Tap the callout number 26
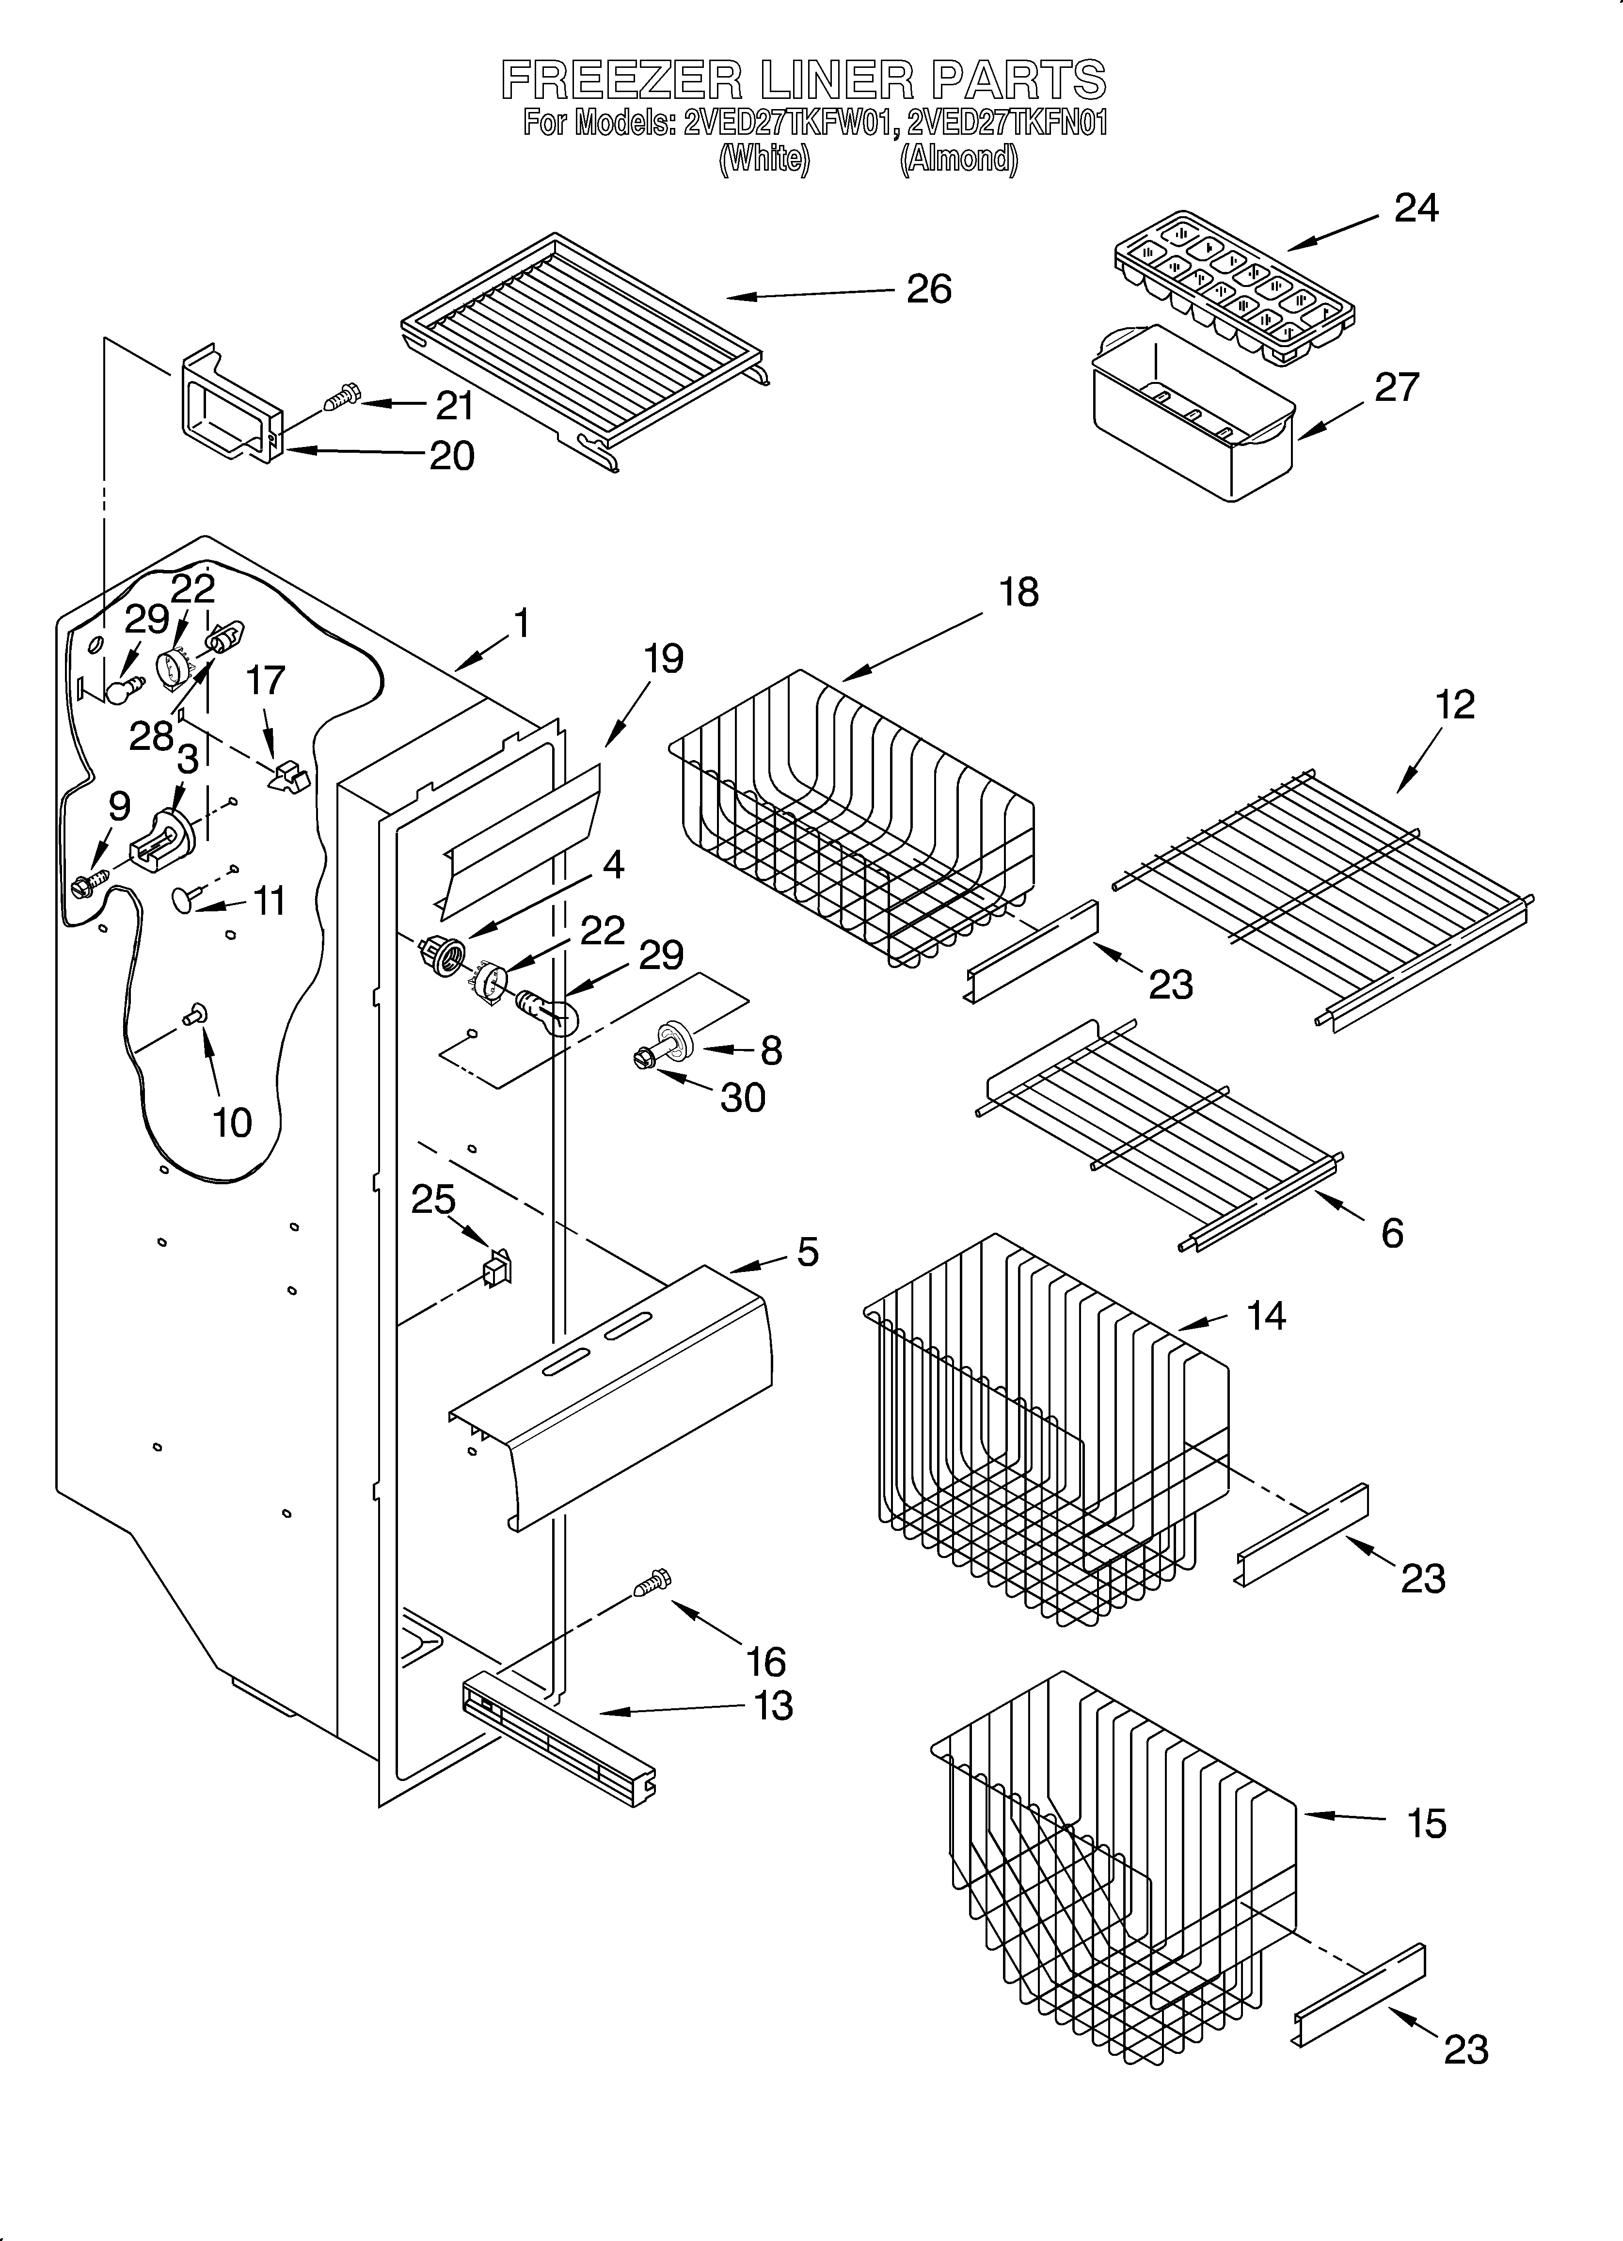tap(929, 289)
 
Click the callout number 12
tap(1455, 704)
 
